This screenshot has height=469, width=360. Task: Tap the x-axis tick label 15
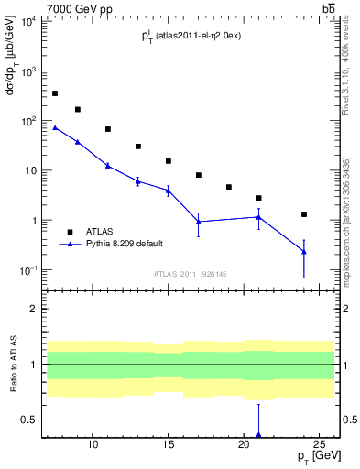pos(168,444)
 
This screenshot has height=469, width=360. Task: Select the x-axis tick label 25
pos(318,444)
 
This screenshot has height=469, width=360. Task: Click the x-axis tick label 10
pos(93,444)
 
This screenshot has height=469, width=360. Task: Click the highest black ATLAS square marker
pos(55,93)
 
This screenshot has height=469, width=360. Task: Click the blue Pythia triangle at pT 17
pos(199,222)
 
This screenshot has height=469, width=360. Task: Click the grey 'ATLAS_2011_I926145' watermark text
pos(190,274)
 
